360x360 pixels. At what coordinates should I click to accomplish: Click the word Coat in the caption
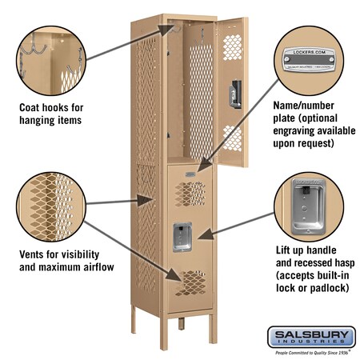(x=31, y=106)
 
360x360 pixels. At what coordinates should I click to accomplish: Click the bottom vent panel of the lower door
(x=189, y=281)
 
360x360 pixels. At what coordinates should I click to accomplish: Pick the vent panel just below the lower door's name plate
(x=189, y=192)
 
